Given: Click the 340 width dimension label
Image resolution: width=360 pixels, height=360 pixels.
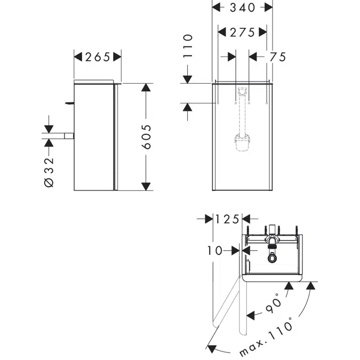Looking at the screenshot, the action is (x=243, y=7).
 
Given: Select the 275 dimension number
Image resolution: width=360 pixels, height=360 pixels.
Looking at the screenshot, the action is (x=243, y=33).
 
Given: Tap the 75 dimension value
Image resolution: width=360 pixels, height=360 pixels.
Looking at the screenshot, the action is (x=278, y=57).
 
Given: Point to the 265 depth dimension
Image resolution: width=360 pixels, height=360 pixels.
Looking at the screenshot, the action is (x=98, y=57).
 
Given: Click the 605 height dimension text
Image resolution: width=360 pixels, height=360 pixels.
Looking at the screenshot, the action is (x=147, y=137).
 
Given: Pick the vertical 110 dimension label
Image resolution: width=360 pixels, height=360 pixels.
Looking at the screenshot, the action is (x=188, y=46).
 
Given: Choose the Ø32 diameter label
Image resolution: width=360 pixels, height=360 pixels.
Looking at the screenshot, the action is (x=49, y=173).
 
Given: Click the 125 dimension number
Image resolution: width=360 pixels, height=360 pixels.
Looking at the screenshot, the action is (x=227, y=219).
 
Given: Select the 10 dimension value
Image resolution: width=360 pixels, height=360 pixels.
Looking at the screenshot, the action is (x=215, y=251).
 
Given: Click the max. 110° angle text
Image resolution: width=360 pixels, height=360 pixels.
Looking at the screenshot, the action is (x=266, y=337).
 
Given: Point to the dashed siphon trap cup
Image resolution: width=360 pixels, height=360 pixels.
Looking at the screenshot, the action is (x=242, y=143).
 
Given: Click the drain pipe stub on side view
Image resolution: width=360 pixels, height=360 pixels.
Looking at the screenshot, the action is (x=69, y=136).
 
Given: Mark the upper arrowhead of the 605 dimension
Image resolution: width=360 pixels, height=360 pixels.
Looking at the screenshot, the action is (x=146, y=87).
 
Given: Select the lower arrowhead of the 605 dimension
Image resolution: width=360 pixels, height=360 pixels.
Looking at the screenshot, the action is (x=146, y=187).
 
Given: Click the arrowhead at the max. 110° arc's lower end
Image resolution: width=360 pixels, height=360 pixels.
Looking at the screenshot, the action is (x=211, y=349).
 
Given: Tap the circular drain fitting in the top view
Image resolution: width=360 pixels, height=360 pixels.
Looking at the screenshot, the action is (x=272, y=258).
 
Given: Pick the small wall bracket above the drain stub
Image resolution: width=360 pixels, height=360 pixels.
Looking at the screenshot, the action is (x=69, y=103).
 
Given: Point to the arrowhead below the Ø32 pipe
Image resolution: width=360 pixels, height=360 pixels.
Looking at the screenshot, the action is (x=49, y=143).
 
